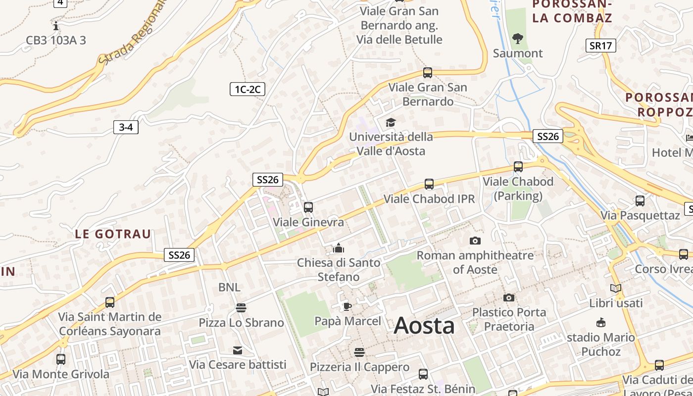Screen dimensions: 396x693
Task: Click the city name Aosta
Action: [424, 326]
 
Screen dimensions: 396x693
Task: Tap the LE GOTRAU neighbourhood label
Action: [113, 234]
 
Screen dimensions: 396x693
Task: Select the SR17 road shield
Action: [601, 46]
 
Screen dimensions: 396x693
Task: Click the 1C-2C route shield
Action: [247, 89]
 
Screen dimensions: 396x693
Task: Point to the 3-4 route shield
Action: [126, 127]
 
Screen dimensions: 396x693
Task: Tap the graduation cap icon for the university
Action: [391, 122]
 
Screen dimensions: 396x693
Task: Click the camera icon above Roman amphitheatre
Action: [475, 241]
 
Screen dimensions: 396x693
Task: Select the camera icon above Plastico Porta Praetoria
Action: [508, 297]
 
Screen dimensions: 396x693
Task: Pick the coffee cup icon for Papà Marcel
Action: [347, 306]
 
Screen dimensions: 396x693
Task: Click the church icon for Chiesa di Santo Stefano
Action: [339, 247]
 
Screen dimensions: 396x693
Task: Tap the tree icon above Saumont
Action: [518, 38]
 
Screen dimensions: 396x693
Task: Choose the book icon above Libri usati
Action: [616, 288]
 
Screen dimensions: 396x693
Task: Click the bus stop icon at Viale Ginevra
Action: [308, 207]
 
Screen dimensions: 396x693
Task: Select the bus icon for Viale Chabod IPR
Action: [429, 184]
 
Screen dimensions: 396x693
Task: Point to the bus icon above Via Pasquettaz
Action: [640, 201]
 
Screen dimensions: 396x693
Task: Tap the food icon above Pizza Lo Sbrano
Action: [241, 308]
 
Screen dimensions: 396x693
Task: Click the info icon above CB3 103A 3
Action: [56, 25]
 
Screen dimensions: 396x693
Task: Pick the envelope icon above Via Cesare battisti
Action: [238, 350]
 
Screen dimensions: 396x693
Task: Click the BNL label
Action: [229, 287]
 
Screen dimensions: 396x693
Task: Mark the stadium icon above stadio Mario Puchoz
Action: [600, 323]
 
